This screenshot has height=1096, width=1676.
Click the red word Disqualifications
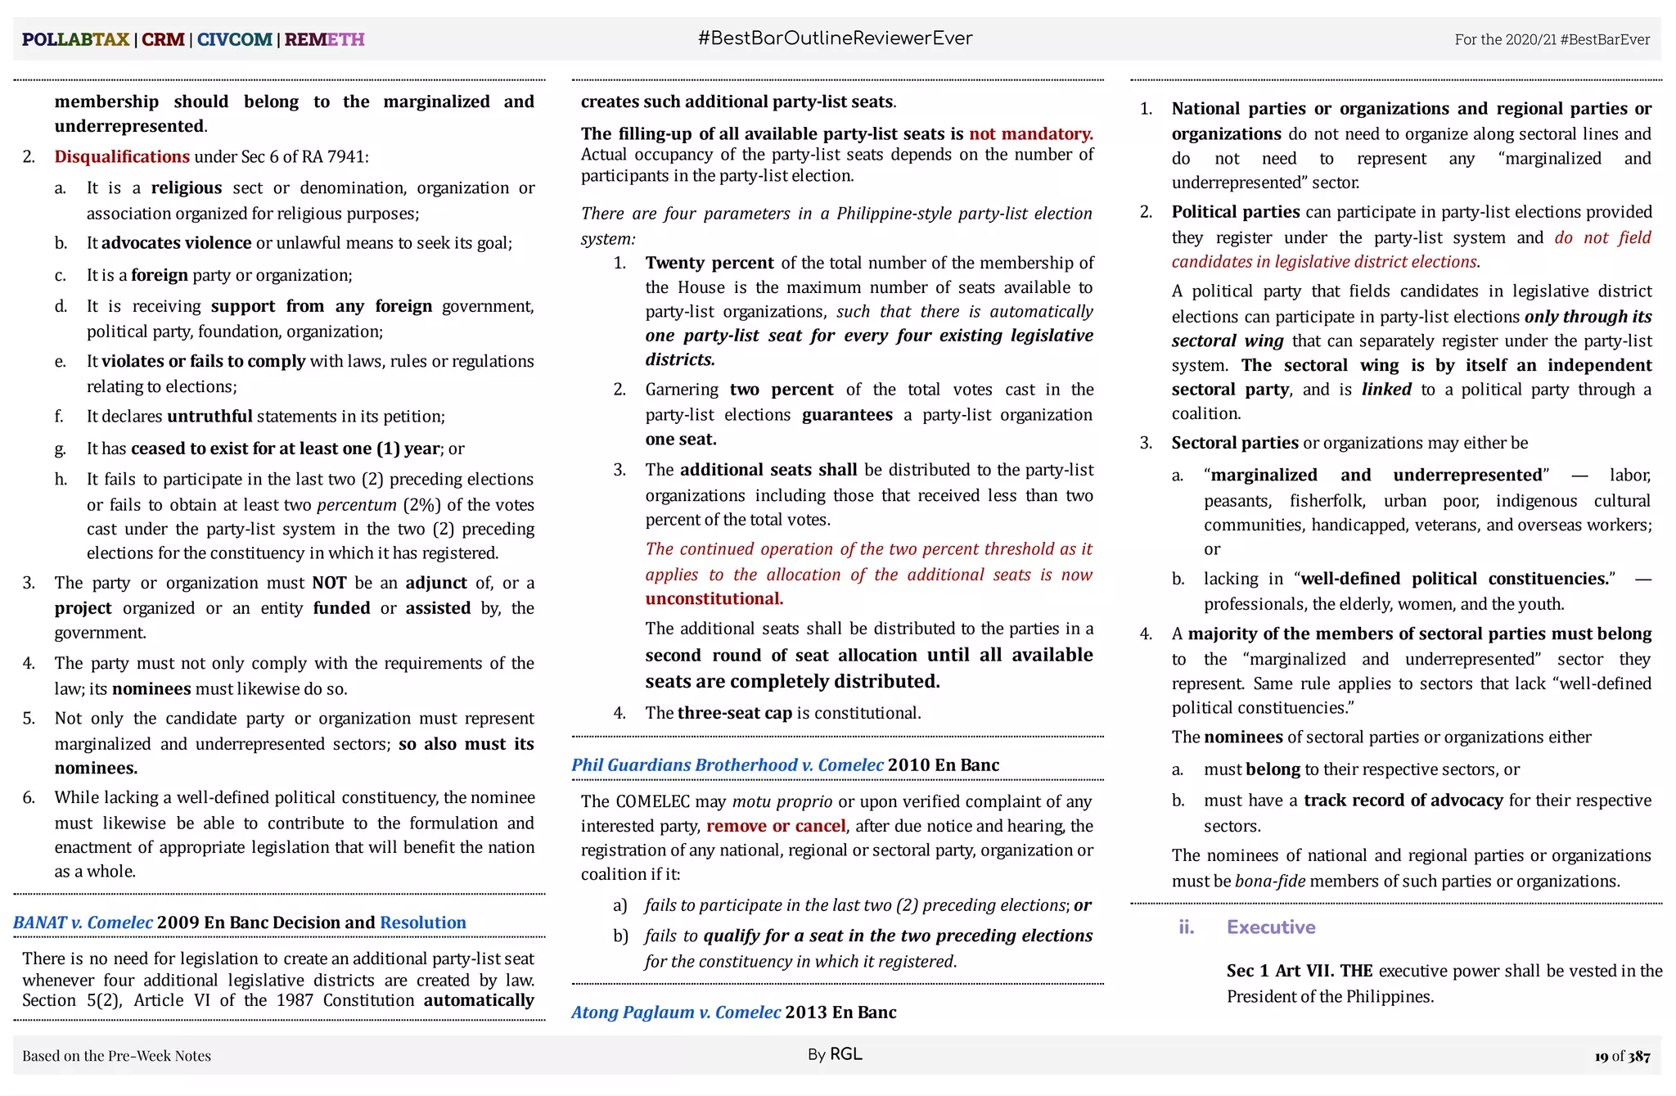click(x=122, y=156)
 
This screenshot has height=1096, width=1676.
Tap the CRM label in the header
click(x=163, y=39)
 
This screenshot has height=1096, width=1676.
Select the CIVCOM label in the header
click(x=234, y=39)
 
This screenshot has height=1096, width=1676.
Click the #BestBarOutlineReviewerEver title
click(x=835, y=38)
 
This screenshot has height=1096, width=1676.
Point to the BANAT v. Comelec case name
click(x=83, y=922)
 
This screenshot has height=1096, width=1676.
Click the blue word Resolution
click(x=422, y=922)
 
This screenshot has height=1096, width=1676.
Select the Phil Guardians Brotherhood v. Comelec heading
click(x=727, y=764)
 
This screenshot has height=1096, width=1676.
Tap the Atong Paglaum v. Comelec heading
click(x=676, y=1012)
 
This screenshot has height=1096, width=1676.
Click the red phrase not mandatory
click(x=1030, y=133)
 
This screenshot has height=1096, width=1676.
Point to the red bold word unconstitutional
click(x=714, y=598)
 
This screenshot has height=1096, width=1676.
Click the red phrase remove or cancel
click(x=775, y=826)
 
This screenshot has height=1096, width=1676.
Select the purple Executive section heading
click(x=1270, y=927)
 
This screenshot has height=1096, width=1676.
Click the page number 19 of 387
click(x=1621, y=1056)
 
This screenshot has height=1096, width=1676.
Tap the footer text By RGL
click(x=834, y=1054)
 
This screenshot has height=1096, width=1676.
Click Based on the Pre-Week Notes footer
click(x=116, y=1056)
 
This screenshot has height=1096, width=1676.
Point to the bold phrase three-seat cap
click(x=734, y=713)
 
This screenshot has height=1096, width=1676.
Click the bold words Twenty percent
click(x=709, y=263)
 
